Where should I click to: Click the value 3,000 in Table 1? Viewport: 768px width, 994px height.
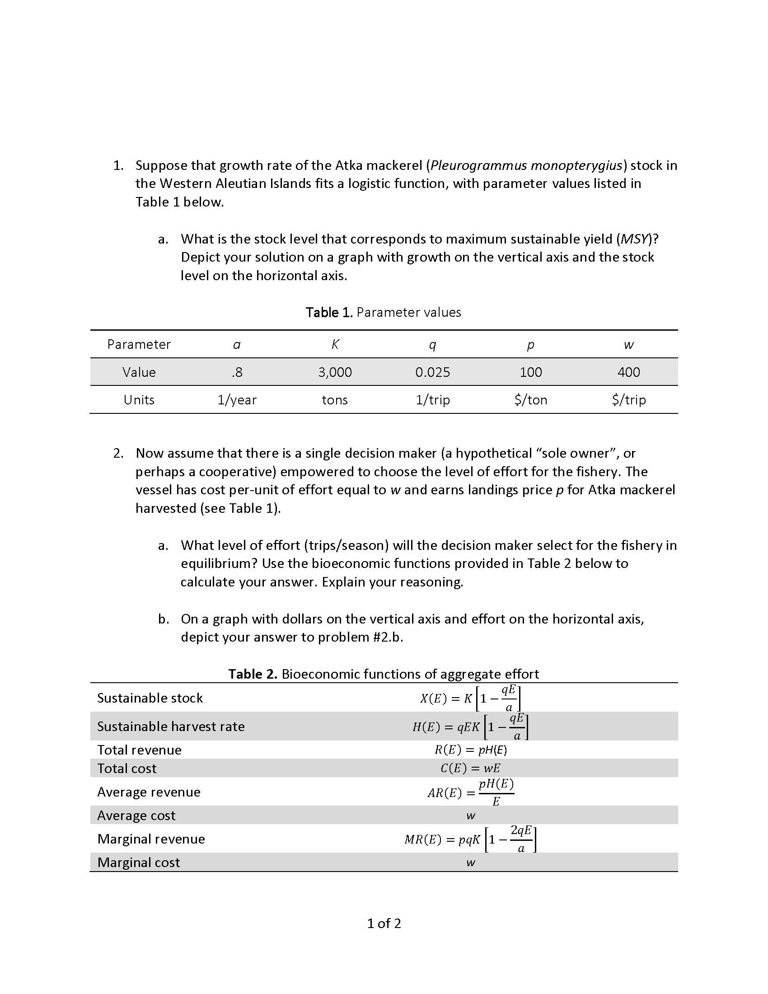tap(335, 372)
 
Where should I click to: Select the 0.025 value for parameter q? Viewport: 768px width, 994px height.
tap(432, 372)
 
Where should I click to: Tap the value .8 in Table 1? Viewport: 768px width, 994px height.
tap(237, 372)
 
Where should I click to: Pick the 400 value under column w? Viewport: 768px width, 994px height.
tap(628, 372)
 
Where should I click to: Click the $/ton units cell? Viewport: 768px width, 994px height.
tap(530, 399)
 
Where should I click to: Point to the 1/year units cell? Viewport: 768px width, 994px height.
tap(237, 399)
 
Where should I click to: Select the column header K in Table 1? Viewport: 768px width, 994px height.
tap(335, 345)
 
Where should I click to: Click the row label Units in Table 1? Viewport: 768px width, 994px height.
tap(139, 399)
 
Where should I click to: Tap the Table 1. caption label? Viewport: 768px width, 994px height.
tap(329, 312)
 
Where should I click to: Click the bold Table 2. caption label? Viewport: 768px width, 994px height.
tap(253, 674)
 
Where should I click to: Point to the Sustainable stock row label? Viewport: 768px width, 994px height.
tap(150, 698)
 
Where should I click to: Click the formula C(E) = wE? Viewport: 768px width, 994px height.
tap(470, 768)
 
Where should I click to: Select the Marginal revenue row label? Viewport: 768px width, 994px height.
tap(151, 839)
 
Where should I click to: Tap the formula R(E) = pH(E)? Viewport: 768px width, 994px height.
tap(470, 750)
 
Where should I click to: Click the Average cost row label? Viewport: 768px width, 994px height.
tap(136, 815)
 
